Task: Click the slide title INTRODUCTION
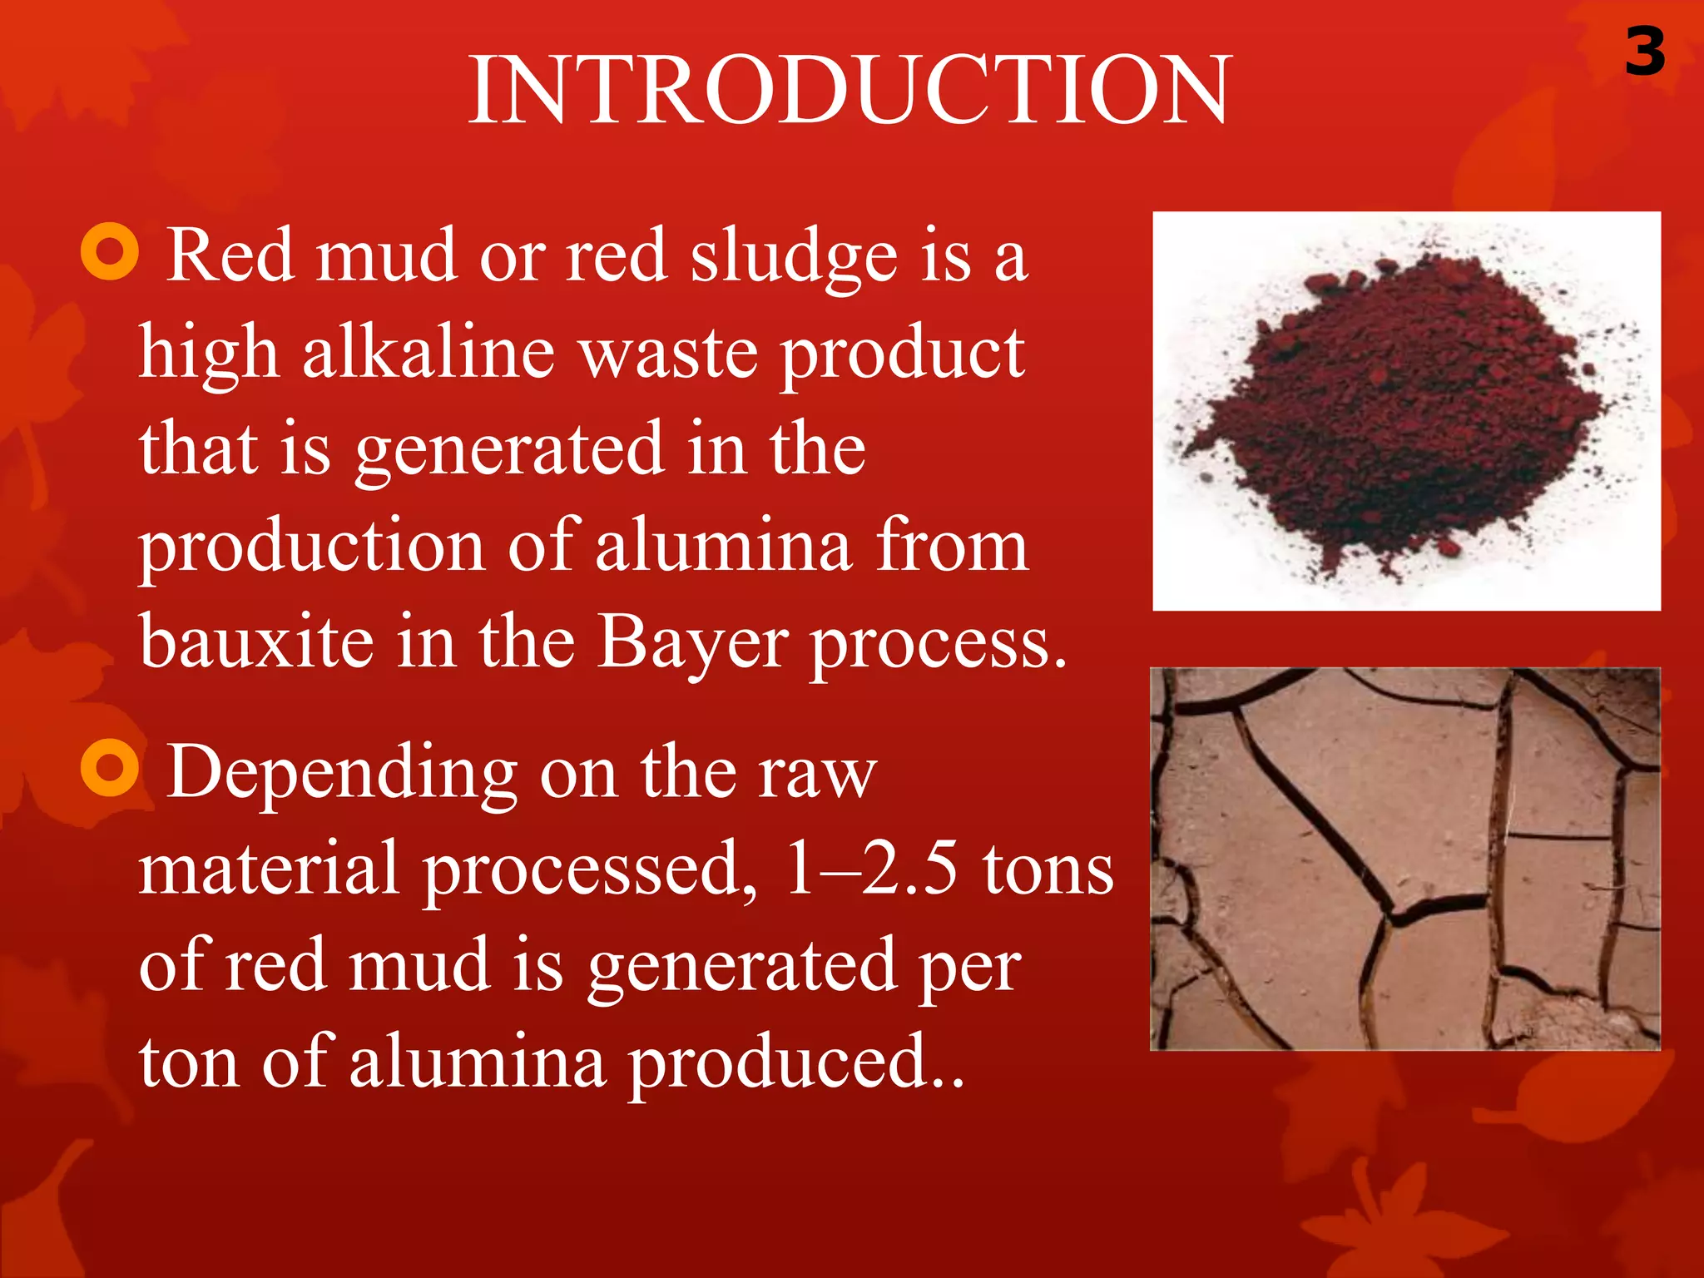click(850, 90)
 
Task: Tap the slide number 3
click(1645, 52)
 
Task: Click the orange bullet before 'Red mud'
click(110, 251)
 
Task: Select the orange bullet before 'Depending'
click(110, 767)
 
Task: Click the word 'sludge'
click(794, 258)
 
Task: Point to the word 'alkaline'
click(428, 354)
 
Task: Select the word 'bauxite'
click(256, 642)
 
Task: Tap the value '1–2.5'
click(871, 869)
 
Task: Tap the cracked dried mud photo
click(1405, 859)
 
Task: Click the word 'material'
click(268, 869)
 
